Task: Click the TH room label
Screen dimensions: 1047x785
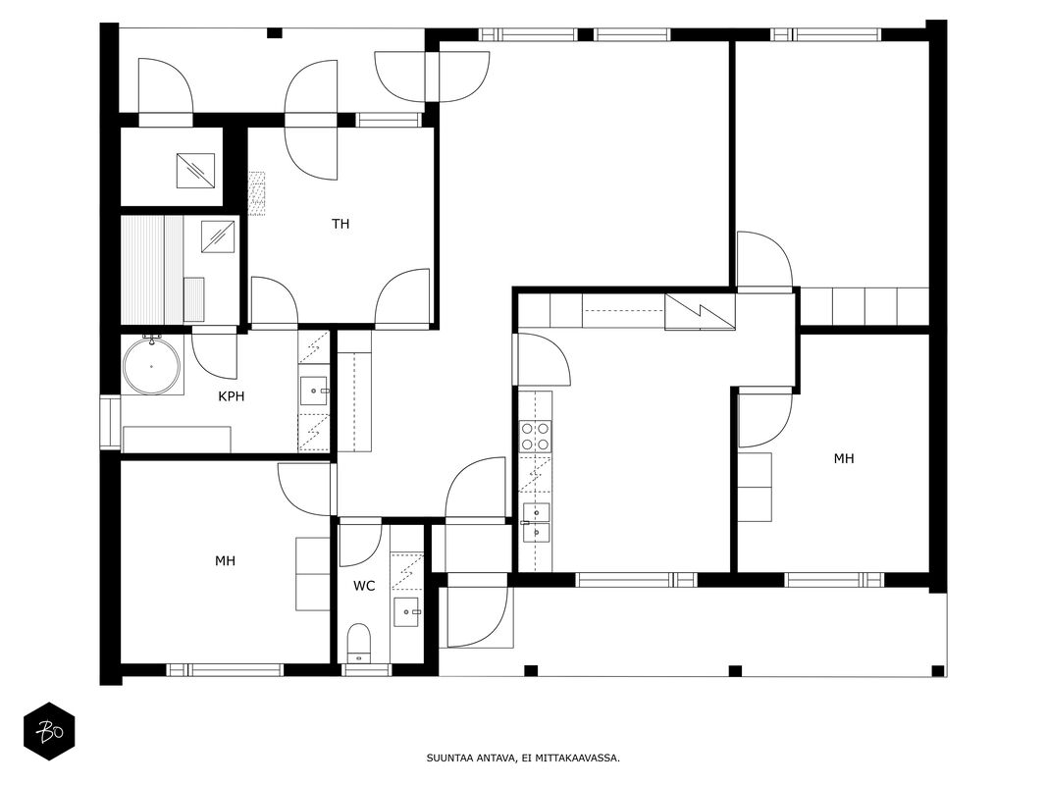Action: (340, 224)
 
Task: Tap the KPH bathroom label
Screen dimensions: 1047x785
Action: (231, 396)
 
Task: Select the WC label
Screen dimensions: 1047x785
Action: (364, 586)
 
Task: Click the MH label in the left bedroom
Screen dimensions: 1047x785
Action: (225, 560)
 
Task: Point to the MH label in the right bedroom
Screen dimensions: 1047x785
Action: (843, 458)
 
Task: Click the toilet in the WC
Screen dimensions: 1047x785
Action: (359, 644)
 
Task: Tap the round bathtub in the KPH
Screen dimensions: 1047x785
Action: (152, 366)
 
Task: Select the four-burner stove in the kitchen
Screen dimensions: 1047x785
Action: (536, 436)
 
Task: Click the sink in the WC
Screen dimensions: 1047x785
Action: (406, 612)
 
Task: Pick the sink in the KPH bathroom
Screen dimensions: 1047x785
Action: (313, 391)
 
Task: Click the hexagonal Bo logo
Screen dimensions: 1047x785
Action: (49, 731)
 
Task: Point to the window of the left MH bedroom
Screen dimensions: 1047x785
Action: (225, 669)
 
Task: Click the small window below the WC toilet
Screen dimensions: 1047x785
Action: (366, 669)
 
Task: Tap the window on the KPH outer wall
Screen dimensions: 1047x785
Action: (110, 423)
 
